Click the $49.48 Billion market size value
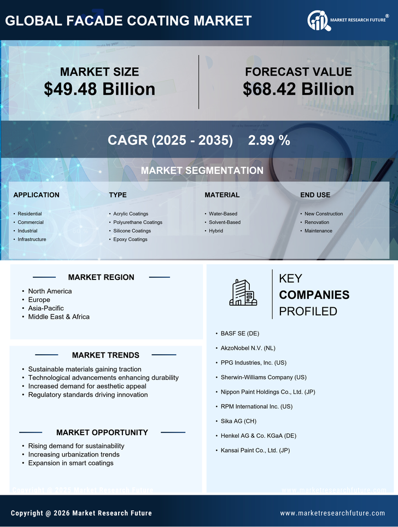(x=99, y=89)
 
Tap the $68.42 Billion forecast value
(x=298, y=89)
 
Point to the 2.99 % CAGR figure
(x=269, y=140)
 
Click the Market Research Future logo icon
(x=319, y=21)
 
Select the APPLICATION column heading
(x=37, y=195)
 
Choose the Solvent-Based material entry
(x=225, y=222)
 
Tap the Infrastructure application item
(x=32, y=239)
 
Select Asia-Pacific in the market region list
(x=46, y=308)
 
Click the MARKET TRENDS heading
(x=106, y=355)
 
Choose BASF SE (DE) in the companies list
(x=240, y=333)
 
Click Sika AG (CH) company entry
(x=238, y=421)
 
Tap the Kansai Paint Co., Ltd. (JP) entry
(x=255, y=450)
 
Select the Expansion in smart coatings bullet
(x=71, y=463)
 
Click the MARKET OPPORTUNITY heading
(x=102, y=432)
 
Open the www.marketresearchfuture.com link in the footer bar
(x=332, y=513)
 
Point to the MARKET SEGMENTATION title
(x=202, y=171)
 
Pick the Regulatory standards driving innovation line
(x=87, y=395)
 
